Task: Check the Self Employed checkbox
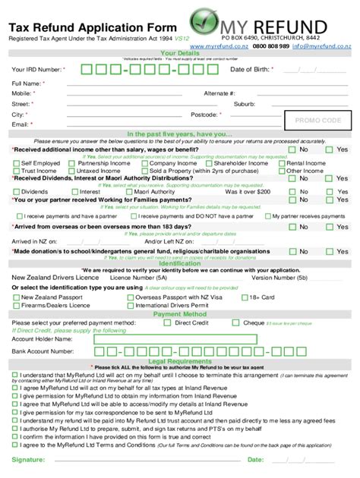point(16,163)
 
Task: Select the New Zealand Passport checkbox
point(16,297)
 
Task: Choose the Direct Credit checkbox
point(169,322)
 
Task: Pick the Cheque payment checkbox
point(236,322)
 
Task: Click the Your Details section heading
point(179,53)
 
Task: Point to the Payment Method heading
point(179,313)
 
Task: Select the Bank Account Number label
point(43,352)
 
